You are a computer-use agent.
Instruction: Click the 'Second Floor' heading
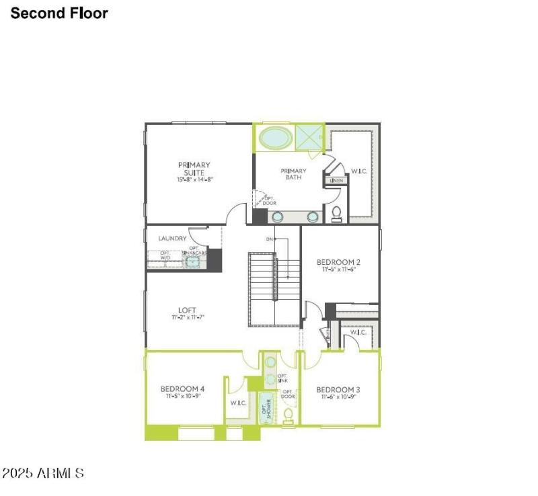point(59,13)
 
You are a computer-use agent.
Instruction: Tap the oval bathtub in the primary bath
point(276,138)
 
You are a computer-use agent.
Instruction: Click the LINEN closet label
point(336,181)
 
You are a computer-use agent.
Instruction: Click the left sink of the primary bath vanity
point(278,216)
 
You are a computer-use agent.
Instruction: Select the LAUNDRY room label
point(172,239)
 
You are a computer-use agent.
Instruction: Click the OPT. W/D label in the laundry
point(164,256)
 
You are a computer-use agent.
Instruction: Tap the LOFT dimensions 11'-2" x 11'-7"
point(187,317)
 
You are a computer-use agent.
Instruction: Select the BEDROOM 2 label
point(339,262)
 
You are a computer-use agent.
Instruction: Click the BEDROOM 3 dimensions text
point(339,397)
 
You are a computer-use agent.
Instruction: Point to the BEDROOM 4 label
point(182,389)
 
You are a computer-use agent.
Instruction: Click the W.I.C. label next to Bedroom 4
point(238,403)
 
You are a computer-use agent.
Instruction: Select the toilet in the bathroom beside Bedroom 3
point(289,419)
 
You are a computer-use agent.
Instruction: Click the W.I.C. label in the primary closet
point(358,171)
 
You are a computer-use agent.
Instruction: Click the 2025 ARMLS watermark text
point(43,474)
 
